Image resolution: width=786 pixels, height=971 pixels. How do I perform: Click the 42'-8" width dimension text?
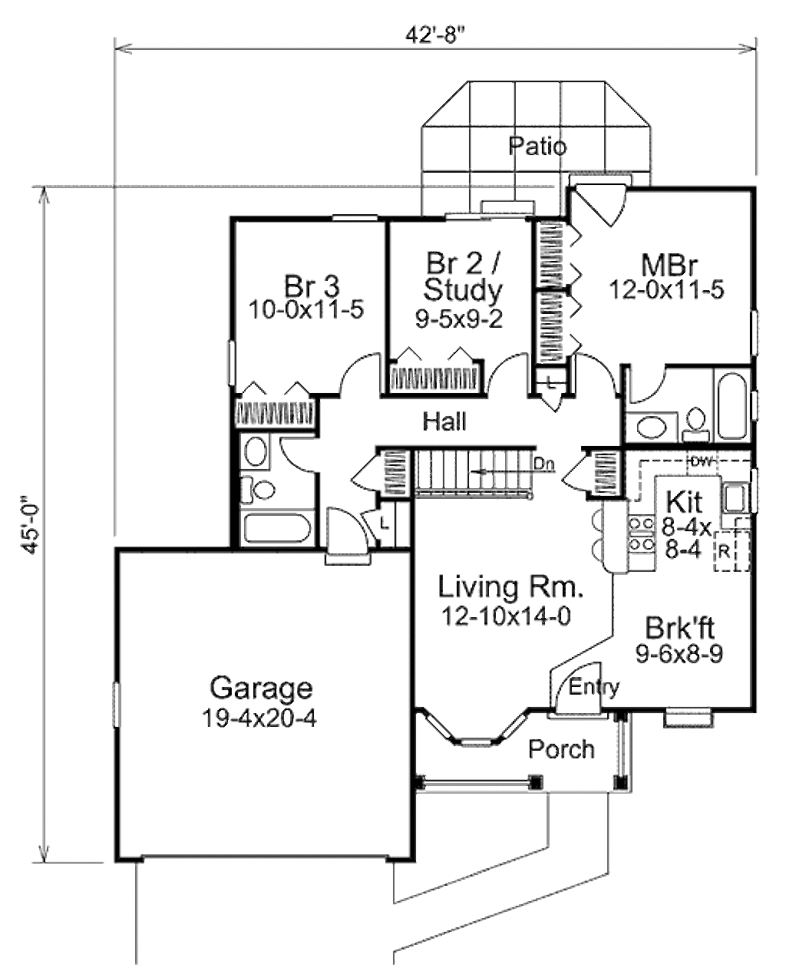click(x=435, y=36)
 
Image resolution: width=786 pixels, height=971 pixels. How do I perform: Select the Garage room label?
click(x=262, y=687)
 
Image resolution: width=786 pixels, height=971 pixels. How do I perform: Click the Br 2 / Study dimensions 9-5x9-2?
click(x=459, y=319)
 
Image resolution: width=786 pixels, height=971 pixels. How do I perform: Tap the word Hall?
click(x=444, y=421)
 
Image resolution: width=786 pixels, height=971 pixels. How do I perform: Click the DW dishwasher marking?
click(x=699, y=461)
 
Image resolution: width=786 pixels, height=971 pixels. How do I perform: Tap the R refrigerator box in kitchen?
click(x=724, y=550)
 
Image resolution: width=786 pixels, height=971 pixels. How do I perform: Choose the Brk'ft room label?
click(x=679, y=628)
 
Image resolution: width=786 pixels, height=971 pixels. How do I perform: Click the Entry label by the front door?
click(x=593, y=687)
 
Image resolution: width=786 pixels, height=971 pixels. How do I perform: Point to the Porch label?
click(x=561, y=748)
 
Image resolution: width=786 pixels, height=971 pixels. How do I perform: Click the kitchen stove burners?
click(x=640, y=533)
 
